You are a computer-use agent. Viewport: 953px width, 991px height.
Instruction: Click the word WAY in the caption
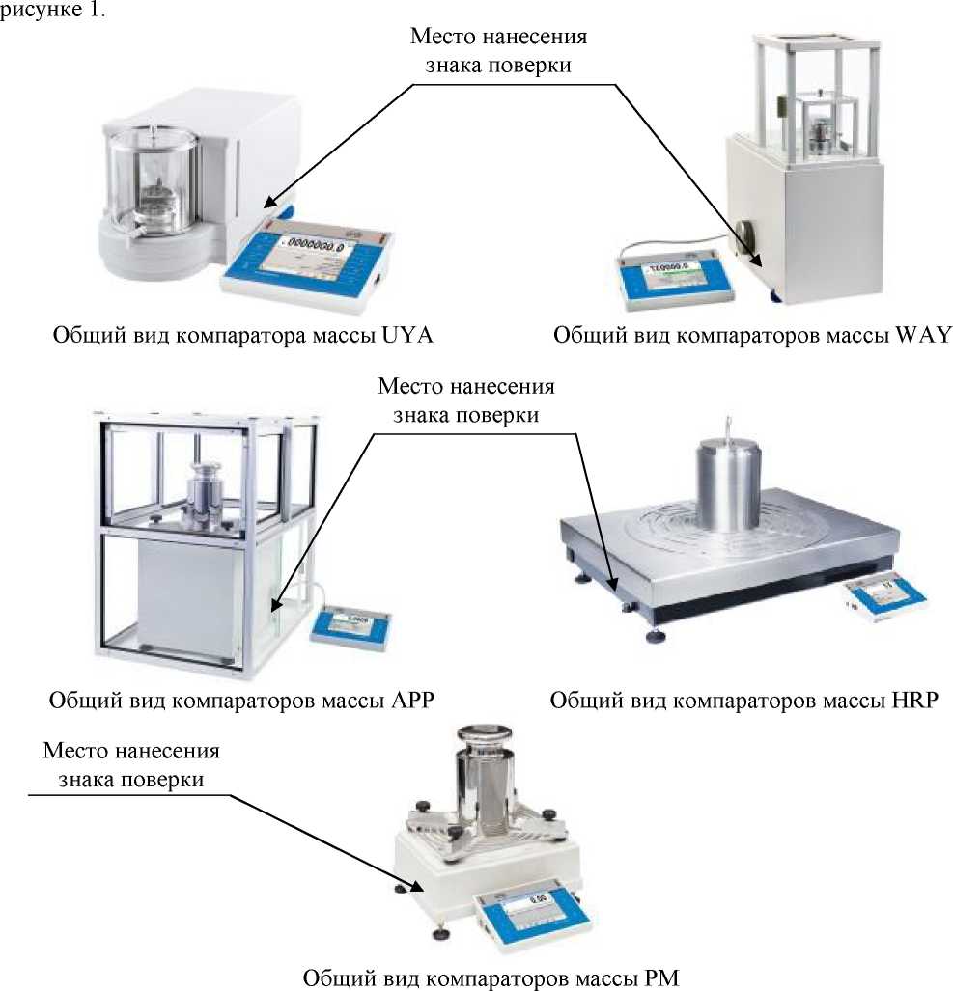point(923,336)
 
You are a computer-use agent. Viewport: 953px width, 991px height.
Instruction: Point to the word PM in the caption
point(661,977)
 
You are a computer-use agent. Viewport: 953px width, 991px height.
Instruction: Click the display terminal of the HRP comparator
point(885,601)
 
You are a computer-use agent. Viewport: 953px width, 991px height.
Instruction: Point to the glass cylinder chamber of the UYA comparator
point(154,179)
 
